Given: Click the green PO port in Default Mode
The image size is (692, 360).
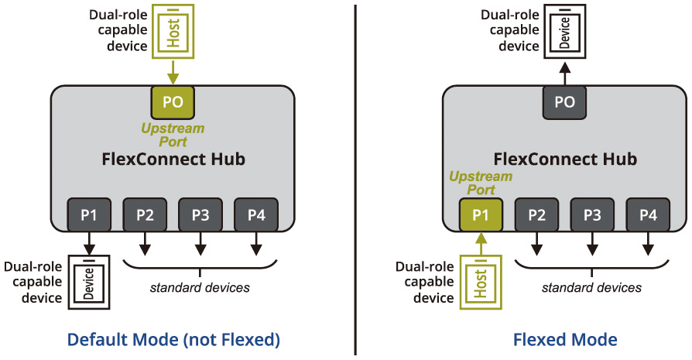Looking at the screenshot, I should [172, 102].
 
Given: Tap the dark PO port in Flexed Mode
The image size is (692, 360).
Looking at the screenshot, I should [564, 102].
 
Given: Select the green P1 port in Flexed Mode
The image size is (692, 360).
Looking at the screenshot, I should [481, 214].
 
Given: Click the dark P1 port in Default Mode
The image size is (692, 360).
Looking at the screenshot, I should [89, 214].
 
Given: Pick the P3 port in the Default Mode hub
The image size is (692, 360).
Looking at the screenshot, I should [200, 214].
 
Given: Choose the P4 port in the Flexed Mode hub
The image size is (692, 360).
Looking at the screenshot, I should [648, 214].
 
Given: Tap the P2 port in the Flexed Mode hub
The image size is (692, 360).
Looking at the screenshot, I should [536, 214].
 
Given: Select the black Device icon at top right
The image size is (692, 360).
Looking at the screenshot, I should [564, 32].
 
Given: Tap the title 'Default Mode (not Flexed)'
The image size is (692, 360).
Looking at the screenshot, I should [173, 339].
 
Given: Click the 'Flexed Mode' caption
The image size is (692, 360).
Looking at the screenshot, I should [564, 339].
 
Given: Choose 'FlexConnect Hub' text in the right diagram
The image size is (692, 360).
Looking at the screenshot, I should [564, 159].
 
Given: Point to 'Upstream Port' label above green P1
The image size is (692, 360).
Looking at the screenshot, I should [481, 183].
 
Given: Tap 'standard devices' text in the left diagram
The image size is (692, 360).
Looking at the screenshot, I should [200, 288].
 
